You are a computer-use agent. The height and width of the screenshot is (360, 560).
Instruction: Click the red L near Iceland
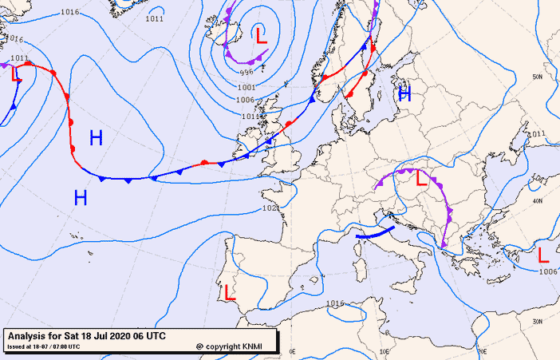(261, 35)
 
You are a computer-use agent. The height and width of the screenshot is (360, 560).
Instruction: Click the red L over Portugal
(230, 292)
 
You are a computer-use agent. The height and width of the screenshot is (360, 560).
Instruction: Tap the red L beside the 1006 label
(543, 255)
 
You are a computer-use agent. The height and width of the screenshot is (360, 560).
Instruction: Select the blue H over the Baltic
(404, 94)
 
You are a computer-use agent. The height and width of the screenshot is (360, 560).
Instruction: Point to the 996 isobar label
(246, 73)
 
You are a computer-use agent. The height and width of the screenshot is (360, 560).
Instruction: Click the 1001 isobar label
(246, 87)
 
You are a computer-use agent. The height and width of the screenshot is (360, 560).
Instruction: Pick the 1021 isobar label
(270, 209)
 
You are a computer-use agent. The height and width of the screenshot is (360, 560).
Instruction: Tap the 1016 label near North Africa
(336, 303)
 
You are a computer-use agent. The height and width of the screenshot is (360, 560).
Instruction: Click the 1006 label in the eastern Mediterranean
(548, 272)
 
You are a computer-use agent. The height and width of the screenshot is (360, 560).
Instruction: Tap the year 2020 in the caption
(114, 336)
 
